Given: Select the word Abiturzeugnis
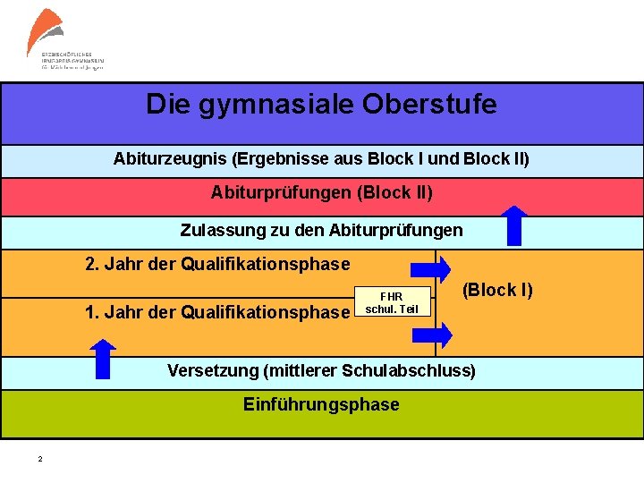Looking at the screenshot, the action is [x=170, y=159].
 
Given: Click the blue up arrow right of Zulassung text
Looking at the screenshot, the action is [x=515, y=225].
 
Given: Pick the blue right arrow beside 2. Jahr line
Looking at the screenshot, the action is [x=430, y=269].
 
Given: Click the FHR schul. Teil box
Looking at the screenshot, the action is [x=392, y=302].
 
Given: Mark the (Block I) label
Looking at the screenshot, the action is [x=497, y=290].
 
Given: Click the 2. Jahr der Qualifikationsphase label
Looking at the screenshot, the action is [x=217, y=264].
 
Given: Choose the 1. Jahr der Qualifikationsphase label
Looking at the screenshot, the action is [x=217, y=312].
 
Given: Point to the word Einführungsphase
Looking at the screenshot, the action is [x=321, y=404].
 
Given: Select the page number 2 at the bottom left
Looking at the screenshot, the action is [x=39, y=460].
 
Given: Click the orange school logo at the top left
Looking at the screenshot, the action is [x=45, y=31].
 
